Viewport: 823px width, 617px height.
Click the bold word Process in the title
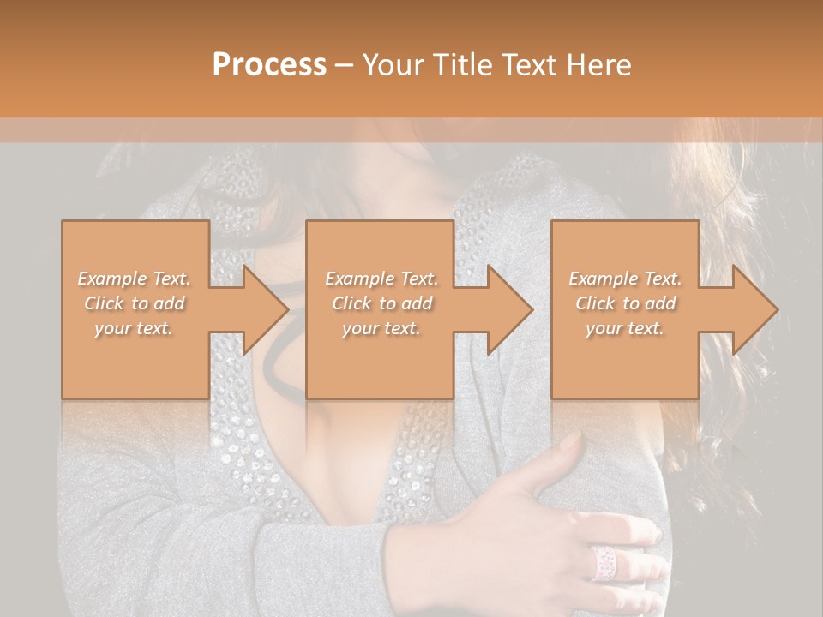point(269,65)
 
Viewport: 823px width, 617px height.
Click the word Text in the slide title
point(529,65)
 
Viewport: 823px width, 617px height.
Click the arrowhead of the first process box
point(266,309)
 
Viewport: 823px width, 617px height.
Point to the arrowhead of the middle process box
point(510,309)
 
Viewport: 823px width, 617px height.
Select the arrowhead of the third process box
point(755,309)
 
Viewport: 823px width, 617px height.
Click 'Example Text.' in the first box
point(135,279)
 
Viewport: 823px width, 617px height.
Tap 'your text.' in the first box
point(135,328)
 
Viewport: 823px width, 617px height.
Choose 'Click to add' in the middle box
point(381,303)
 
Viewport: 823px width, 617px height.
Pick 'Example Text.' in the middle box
point(381,279)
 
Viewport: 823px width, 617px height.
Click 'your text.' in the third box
point(625,328)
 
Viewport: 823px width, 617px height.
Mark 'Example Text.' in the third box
point(625,279)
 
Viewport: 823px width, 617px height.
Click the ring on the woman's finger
point(605,561)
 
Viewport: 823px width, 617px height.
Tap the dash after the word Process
point(344,65)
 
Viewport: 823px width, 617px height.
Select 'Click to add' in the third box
point(625,303)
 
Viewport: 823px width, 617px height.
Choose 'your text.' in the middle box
point(381,328)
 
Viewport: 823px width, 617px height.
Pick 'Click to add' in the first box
point(135,303)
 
